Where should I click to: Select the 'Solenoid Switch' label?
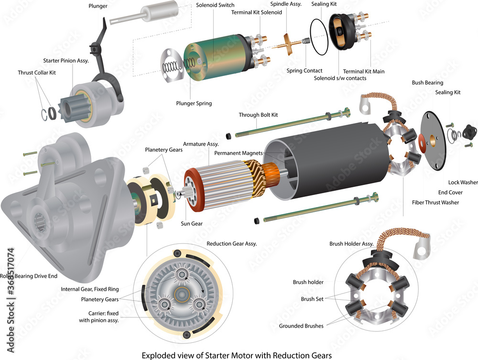pyautogui.click(x=215, y=5)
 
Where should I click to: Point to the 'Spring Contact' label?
pyautogui.click(x=304, y=71)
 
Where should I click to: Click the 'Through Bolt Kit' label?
pyautogui.click(x=258, y=115)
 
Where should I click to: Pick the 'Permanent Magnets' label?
pyautogui.click(x=239, y=153)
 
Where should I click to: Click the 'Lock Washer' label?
pyautogui.click(x=463, y=182)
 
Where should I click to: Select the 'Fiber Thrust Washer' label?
pyautogui.click(x=435, y=202)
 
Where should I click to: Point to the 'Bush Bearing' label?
pyautogui.click(x=427, y=83)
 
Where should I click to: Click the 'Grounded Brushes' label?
pyautogui.click(x=301, y=326)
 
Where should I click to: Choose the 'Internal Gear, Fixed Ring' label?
pyautogui.click(x=90, y=289)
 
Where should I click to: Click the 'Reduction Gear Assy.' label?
pyautogui.click(x=232, y=243)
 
